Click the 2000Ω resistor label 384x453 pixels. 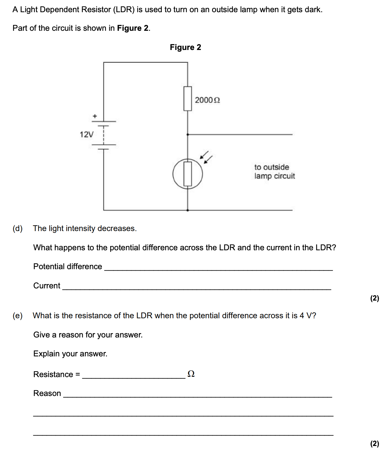tap(207, 100)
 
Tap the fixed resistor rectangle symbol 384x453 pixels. tap(188, 98)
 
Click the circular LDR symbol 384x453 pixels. tap(188, 174)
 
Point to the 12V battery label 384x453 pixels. tap(86, 134)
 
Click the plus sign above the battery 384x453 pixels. tap(95, 116)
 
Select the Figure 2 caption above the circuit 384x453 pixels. tap(185, 47)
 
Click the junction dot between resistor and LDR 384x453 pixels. tap(187, 134)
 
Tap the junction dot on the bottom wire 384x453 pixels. tap(187, 210)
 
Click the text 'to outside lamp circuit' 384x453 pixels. tap(274, 172)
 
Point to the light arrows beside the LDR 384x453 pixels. tap(206, 157)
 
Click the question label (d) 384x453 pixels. tap(18, 228)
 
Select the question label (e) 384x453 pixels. tap(18, 316)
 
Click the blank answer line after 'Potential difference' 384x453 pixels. tap(218, 269)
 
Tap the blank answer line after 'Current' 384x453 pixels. tap(197, 288)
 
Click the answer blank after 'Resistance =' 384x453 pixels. tap(134, 377)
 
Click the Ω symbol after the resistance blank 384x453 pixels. tap(191, 374)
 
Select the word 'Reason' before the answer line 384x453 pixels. tap(47, 393)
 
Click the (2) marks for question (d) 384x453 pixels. tap(375, 298)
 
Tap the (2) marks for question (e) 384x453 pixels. tap(375, 444)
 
